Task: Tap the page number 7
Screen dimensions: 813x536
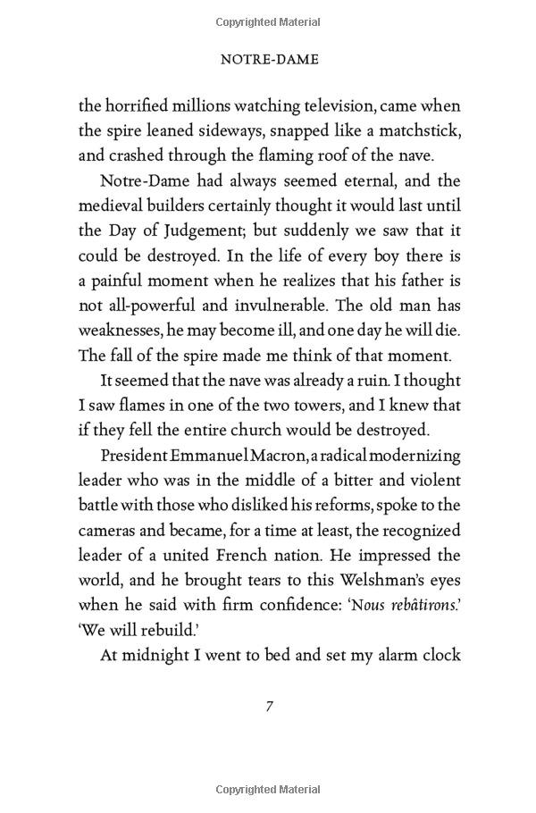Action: click(268, 706)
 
